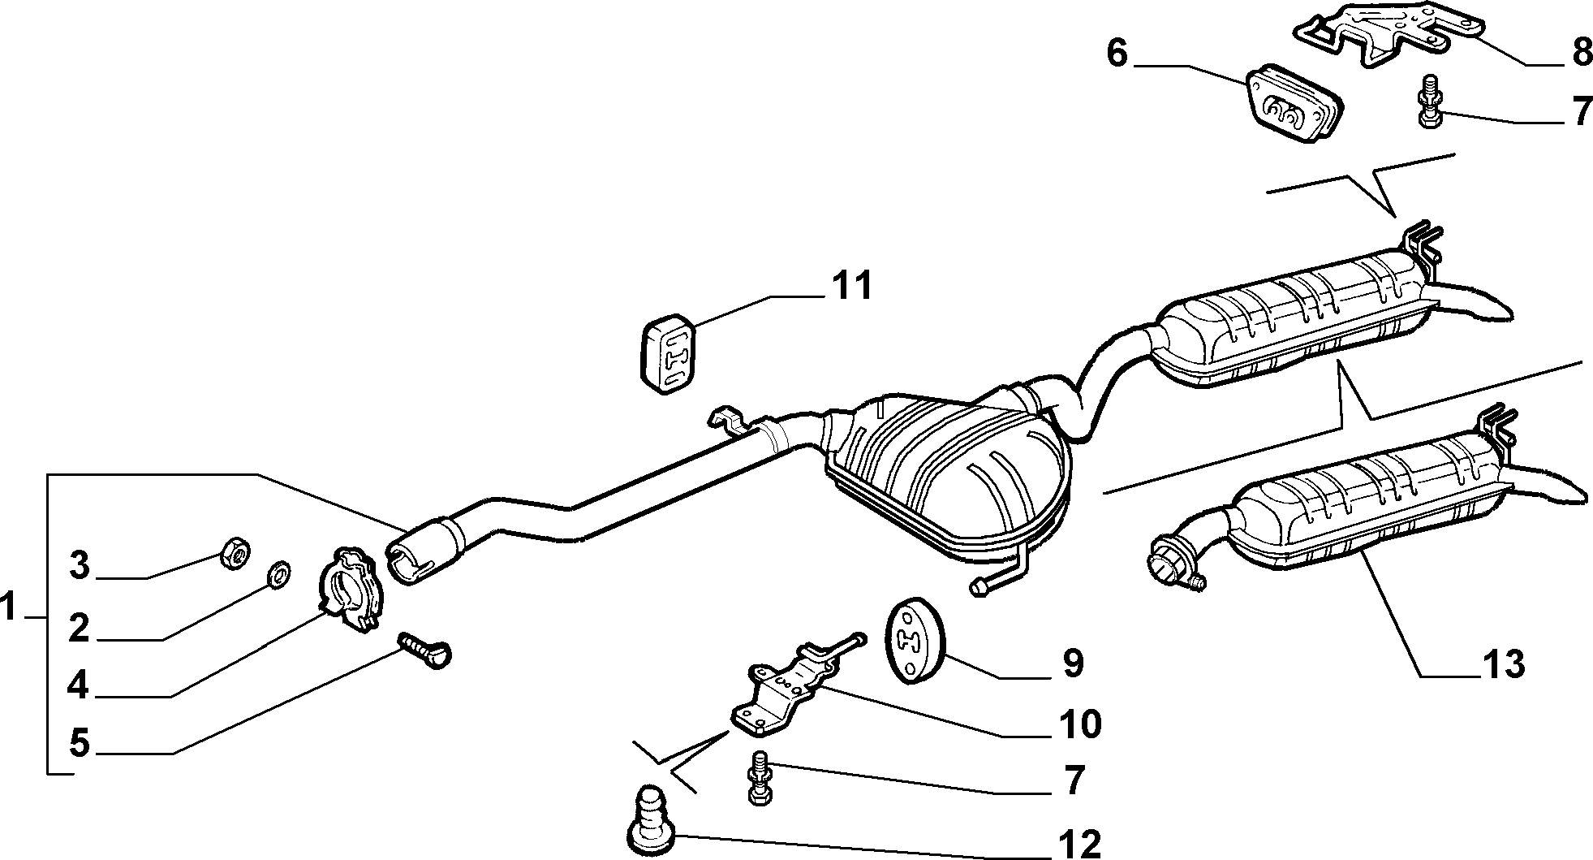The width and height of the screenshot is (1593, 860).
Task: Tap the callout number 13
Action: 1503,664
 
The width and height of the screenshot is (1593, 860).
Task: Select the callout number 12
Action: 1077,844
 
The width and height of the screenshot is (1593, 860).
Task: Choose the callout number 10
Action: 1078,724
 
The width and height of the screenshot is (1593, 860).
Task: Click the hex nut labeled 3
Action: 235,554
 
